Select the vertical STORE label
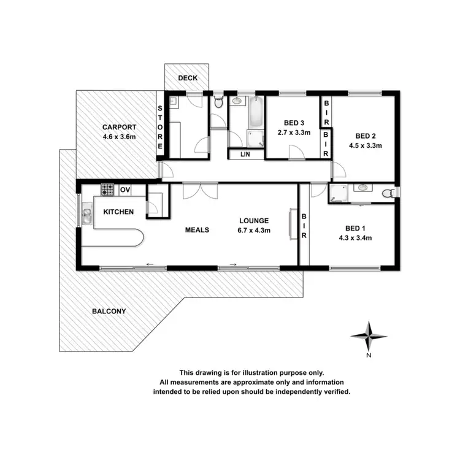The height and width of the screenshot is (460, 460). pos(160,128)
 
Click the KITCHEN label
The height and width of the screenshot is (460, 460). pos(118,212)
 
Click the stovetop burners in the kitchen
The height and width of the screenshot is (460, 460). pos(107,190)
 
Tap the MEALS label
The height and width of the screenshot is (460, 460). pos(197,230)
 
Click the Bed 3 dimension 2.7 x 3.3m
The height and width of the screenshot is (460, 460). pos(294,132)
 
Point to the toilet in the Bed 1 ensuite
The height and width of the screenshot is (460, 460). pos(388,194)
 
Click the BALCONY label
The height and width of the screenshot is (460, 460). pos(109,311)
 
